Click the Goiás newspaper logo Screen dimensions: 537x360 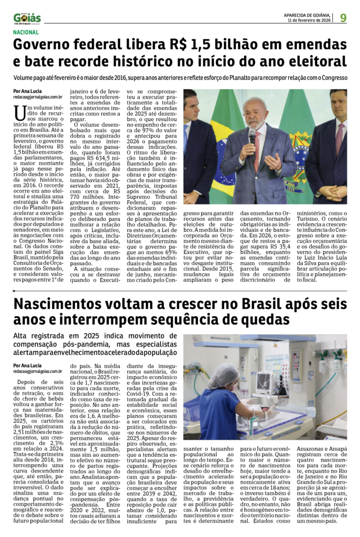(27, 18)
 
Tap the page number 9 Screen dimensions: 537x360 (343, 18)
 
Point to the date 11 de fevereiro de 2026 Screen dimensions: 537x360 (310, 21)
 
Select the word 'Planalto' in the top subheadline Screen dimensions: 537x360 (239, 78)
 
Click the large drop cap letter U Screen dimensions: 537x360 (19, 112)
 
